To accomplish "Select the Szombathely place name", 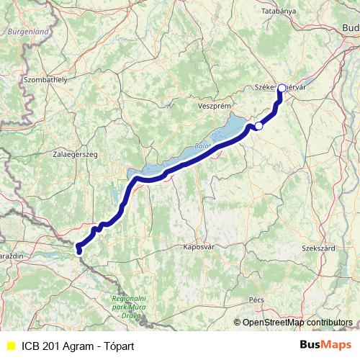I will [45, 79].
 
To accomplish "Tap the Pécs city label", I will [256, 299].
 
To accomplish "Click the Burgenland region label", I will [28, 32].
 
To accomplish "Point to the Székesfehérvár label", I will [281, 87].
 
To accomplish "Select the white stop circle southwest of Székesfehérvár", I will [258, 126].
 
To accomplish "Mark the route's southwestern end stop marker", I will [78, 251].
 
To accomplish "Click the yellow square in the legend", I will [10, 346].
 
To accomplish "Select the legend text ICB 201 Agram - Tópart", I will [78, 346].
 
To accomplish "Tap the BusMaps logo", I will [325, 345].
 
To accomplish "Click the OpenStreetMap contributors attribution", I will [297, 323].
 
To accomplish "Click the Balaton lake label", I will [203, 145].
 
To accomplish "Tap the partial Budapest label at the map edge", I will [351, 28].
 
